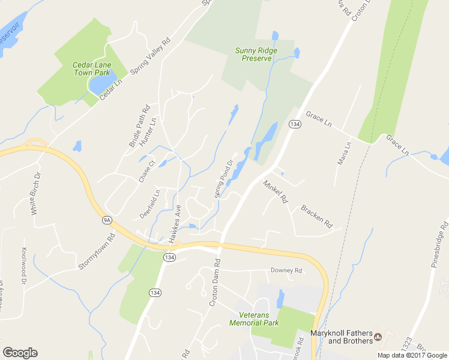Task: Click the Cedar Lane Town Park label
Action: pos(90,68)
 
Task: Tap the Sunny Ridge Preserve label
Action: pos(256,54)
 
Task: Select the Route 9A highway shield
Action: pos(107,220)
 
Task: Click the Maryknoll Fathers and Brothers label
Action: pos(340,337)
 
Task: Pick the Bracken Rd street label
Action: pos(316,217)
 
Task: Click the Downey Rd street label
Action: pos(286,271)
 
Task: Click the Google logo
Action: pos(20,353)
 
